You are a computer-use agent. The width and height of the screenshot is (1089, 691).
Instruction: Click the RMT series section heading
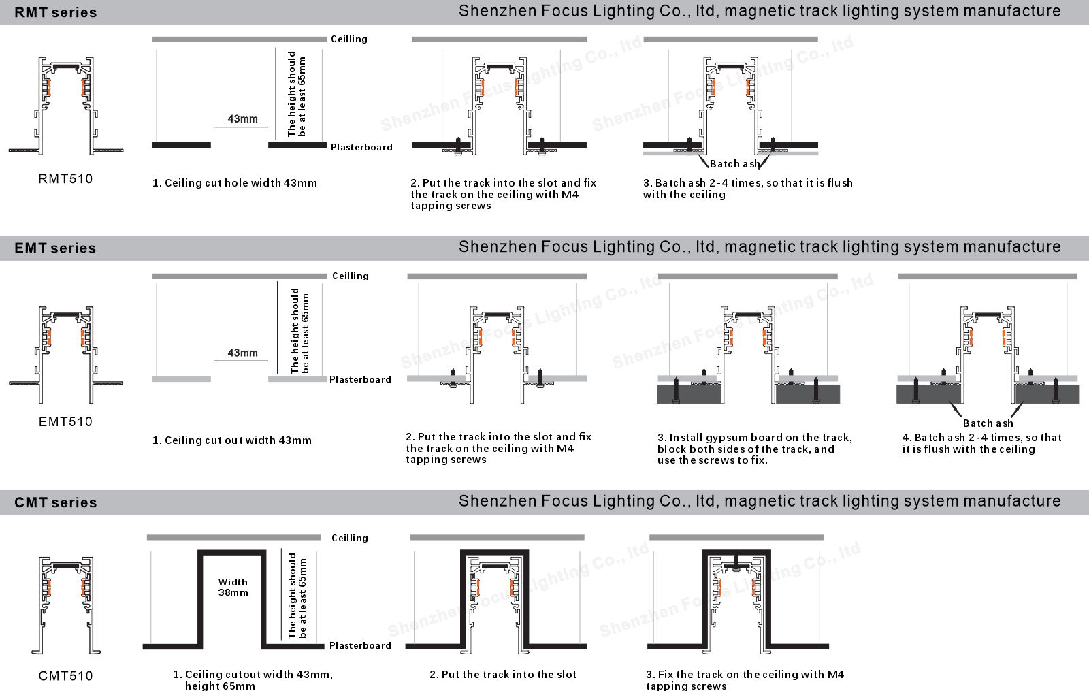[x=55, y=12]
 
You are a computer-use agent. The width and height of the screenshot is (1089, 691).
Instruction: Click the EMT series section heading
[x=55, y=248]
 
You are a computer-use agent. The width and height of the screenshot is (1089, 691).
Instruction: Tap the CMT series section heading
[x=55, y=502]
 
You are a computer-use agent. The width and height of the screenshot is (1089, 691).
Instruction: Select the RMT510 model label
[x=65, y=179]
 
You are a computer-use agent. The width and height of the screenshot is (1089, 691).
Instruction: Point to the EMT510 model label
[x=65, y=421]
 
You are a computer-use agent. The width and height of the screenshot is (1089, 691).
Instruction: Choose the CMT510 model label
[x=65, y=675]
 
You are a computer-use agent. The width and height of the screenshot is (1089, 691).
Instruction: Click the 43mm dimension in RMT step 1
[x=242, y=119]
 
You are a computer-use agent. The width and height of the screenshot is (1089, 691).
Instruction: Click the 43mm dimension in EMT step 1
[x=242, y=353]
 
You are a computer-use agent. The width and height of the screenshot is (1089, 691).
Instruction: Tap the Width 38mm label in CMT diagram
[x=233, y=587]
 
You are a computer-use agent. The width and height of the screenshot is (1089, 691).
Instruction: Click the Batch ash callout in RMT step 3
[x=734, y=164]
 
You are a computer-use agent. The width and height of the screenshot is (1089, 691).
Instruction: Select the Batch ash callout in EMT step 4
[x=988, y=423]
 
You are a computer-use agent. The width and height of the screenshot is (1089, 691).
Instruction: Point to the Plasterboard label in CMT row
[x=360, y=645]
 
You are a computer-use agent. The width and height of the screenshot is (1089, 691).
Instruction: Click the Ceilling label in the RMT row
[x=348, y=39]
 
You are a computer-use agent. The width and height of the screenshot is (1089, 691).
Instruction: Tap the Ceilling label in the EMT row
[x=350, y=276]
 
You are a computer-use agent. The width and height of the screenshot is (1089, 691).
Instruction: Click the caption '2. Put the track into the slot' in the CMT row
[x=502, y=675]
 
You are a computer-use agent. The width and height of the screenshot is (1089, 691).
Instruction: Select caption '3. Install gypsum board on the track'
[x=754, y=449]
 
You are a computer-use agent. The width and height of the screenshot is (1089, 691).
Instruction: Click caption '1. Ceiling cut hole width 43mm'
[x=234, y=183]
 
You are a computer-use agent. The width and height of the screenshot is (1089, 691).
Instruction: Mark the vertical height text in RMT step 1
[x=296, y=93]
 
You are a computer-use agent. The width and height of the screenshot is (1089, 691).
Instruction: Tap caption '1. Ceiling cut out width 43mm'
[x=231, y=440]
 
